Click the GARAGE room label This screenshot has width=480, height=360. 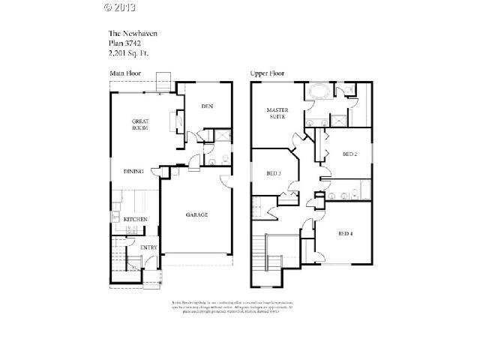pyautogui.click(x=197, y=215)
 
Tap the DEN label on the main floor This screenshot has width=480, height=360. pyautogui.click(x=207, y=106)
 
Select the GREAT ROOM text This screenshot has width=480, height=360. pyautogui.click(x=140, y=124)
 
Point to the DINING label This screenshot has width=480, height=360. pyautogui.click(x=133, y=172)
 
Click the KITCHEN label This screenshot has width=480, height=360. pyautogui.click(x=135, y=219)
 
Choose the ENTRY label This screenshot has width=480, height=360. pyautogui.click(x=148, y=247)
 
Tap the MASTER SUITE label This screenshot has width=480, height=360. pyautogui.click(x=278, y=114)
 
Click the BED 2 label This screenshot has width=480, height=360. pyautogui.click(x=349, y=154)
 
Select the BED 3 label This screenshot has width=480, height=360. pyautogui.click(x=274, y=174)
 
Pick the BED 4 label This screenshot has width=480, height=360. pyautogui.click(x=345, y=233)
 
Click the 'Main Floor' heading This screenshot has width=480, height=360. pyautogui.click(x=124, y=73)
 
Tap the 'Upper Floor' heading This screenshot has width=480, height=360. pyautogui.click(x=268, y=73)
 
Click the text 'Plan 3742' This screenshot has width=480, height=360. pyautogui.click(x=124, y=43)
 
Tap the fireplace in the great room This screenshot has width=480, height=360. pyautogui.click(x=178, y=120)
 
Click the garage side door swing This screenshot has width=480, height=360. pyautogui.click(x=225, y=180)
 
